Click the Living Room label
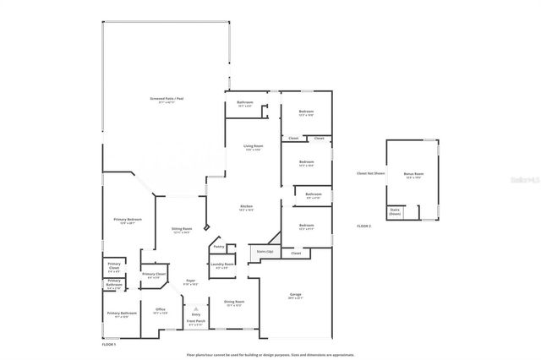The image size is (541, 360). point(254,146)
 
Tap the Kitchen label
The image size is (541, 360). point(246,207)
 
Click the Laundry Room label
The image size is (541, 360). point(222,265)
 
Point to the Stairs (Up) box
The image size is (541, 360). point(265,253)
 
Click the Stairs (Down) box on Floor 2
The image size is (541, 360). point(395,212)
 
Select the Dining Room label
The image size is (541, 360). point(234,303)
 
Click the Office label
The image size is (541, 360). point(159,310)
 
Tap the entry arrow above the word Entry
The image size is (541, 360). point(195,308)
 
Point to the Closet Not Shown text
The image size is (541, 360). point(371,173)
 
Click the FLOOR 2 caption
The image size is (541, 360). point(363,226)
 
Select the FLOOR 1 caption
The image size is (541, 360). point(108,344)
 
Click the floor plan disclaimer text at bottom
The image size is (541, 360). point(270,354)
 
